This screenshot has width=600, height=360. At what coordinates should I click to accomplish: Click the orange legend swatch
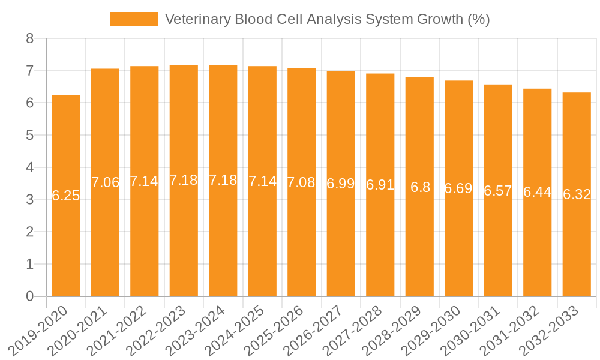[133, 19]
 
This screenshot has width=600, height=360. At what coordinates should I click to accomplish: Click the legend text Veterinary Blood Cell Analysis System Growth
[327, 19]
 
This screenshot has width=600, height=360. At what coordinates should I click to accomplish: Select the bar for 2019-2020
[66, 240]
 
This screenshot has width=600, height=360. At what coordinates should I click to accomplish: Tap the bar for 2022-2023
[184, 240]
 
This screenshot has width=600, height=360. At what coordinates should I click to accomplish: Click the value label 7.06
[105, 182]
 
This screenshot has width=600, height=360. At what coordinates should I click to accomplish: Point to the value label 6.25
[66, 196]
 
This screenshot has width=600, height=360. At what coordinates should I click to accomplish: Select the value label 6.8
[420, 187]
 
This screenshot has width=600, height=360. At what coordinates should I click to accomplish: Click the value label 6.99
[341, 184]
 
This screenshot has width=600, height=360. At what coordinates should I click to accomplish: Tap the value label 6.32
[577, 194]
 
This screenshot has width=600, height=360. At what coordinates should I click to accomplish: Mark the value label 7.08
[301, 182]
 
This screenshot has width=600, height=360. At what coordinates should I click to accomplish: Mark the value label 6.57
[498, 191]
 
